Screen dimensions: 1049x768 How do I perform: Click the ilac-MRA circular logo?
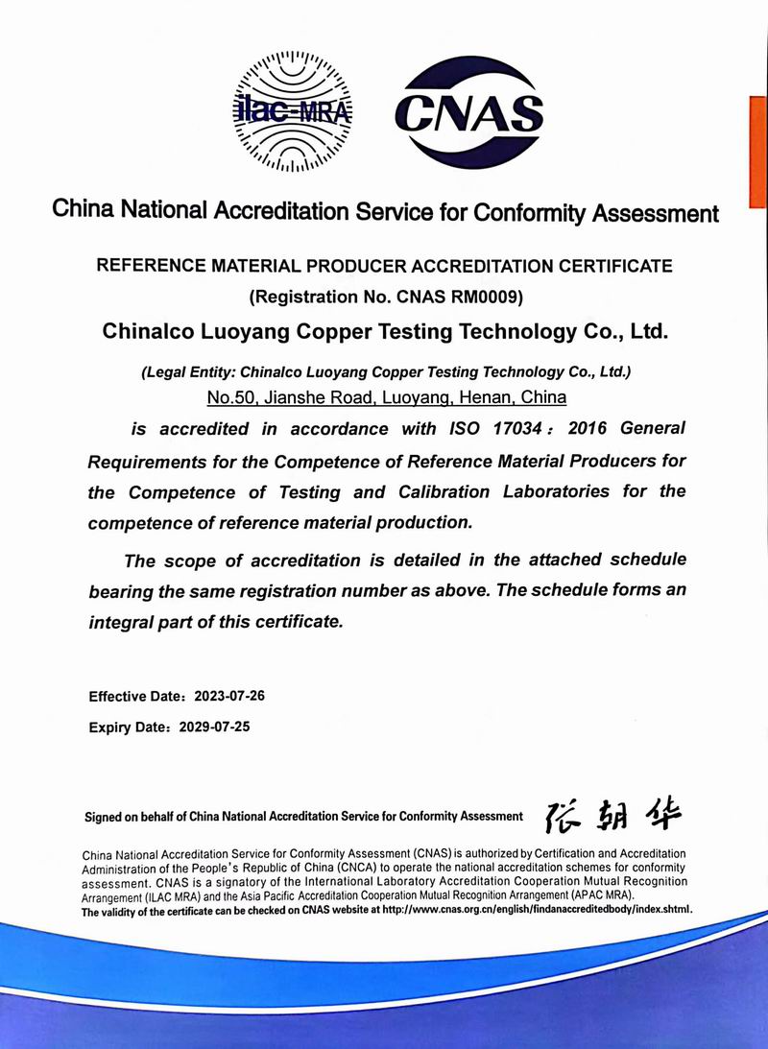coord(292,113)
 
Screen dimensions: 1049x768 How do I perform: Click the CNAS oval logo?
coord(469,111)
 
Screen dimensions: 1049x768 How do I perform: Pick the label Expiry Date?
coord(126,727)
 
